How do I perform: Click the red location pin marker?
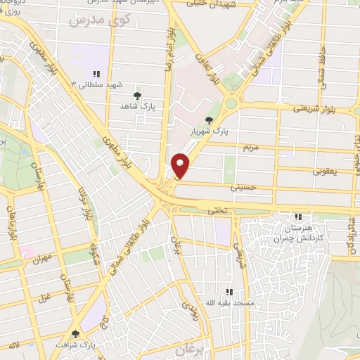tap(181, 165)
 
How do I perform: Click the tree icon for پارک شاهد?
tap(136, 95)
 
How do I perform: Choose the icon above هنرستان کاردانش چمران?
tap(298, 217)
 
